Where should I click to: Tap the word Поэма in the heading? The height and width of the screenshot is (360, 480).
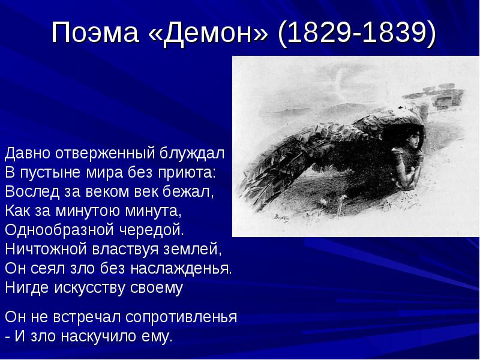[x=95, y=32]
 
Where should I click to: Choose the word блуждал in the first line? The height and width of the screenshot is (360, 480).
[x=192, y=154]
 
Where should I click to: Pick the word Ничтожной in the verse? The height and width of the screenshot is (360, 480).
[x=46, y=249]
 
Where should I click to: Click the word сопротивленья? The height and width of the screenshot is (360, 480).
[x=181, y=317]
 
